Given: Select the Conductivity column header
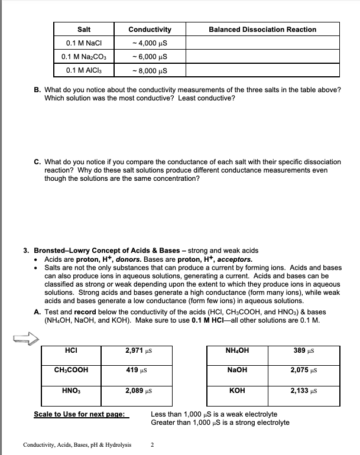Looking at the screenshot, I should pos(150,30).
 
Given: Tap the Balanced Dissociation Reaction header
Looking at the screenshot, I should pos(262,30).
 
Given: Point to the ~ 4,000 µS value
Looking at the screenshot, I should pos(150,43).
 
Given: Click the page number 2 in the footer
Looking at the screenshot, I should pos(152,444).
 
